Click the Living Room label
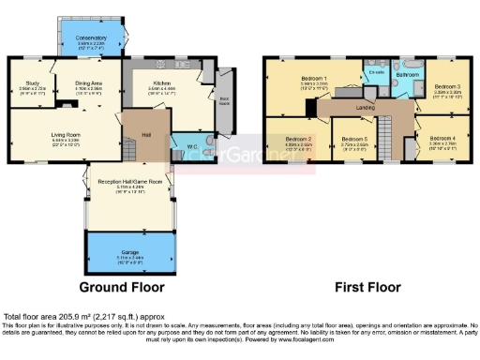[x=66, y=135]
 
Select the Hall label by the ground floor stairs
[x=146, y=134]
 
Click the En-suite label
[x=377, y=72]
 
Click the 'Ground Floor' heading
[x=121, y=287]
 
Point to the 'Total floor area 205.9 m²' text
[x=69, y=317]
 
